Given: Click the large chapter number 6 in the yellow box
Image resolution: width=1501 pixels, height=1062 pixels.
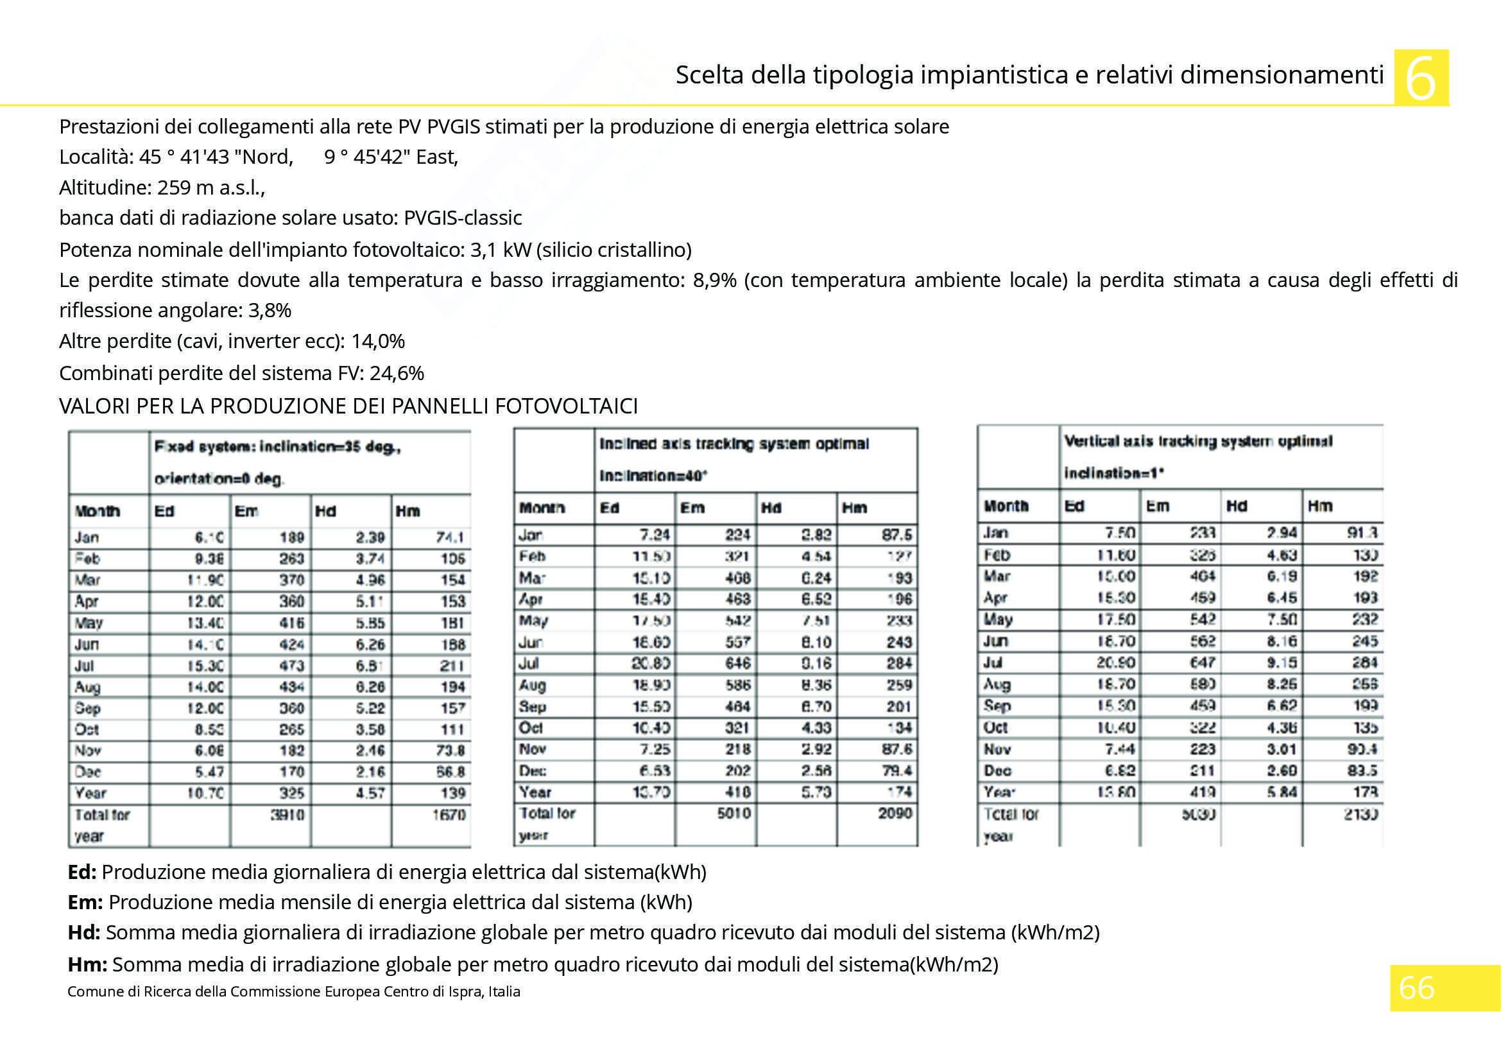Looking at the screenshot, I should tap(1421, 78).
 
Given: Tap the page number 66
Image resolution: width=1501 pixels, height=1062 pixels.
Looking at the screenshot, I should tap(1416, 988).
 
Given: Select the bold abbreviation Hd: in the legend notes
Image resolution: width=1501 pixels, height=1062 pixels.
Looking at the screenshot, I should tap(83, 932).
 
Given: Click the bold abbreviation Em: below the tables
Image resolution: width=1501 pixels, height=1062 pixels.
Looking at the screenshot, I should tap(85, 902).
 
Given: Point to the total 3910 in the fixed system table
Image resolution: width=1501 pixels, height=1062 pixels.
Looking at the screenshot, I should tap(287, 815).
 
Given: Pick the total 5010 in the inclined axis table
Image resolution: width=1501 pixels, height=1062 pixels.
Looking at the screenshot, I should tap(733, 813).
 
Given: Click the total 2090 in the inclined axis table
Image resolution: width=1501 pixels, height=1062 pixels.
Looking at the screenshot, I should tap(895, 813).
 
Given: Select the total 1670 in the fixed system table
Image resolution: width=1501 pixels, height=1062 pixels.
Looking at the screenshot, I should tap(449, 815).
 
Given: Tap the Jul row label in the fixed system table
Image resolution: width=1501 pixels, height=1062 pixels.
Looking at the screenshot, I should tap(83, 666).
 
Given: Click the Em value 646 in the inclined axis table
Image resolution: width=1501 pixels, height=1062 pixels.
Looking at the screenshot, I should tap(737, 663).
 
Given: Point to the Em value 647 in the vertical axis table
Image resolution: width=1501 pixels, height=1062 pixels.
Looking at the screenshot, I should tap(1201, 663).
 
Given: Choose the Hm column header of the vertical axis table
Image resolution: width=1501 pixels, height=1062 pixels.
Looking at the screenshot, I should tap(1320, 505).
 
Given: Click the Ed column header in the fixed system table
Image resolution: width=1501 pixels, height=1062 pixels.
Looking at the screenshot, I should tap(164, 510).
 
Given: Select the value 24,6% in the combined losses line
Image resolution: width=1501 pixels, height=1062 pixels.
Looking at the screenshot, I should tap(397, 374).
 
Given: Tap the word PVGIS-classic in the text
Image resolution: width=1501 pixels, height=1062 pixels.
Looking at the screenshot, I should tap(462, 218).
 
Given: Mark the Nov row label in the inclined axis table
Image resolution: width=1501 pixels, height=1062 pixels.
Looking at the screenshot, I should tap(533, 749).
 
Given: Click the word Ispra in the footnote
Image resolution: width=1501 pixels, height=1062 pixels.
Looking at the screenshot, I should tap(450, 991).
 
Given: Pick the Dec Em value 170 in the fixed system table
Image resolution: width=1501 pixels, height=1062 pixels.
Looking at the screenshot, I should tap(291, 772).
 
